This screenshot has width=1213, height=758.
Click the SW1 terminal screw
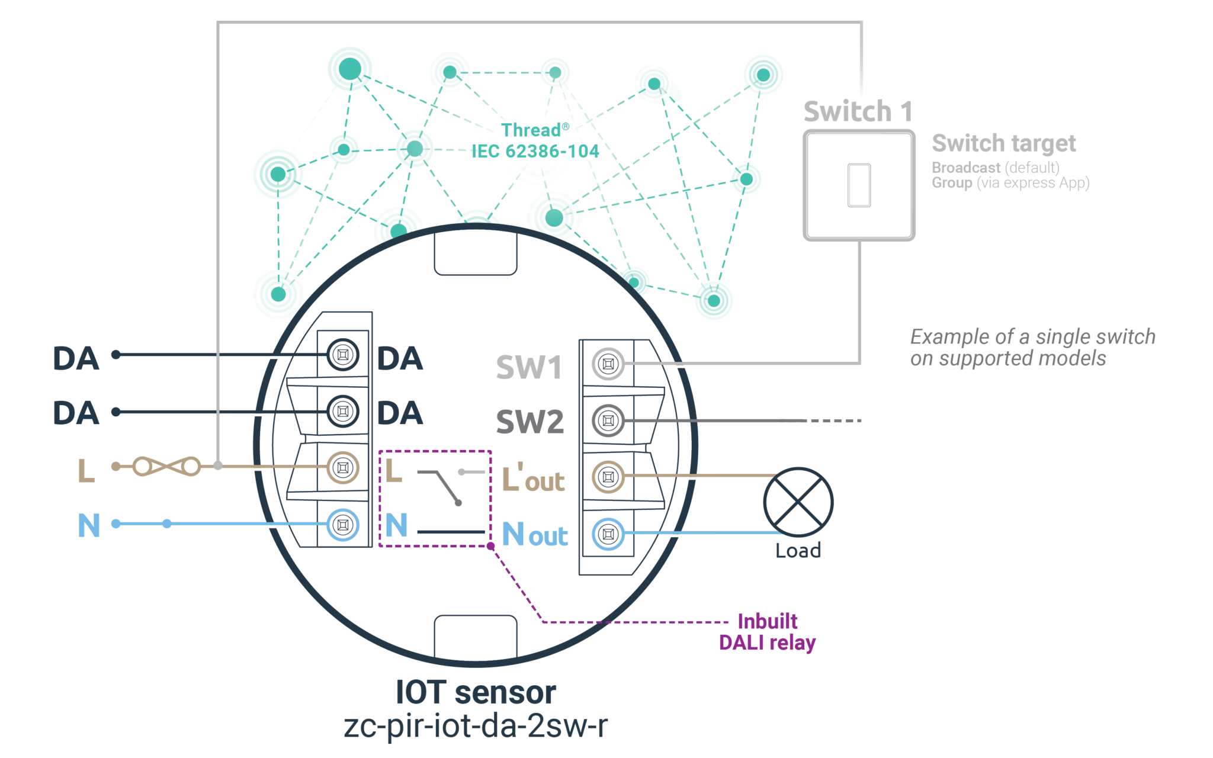click(608, 364)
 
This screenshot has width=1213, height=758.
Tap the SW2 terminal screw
click(608, 420)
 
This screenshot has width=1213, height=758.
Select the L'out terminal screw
click(608, 477)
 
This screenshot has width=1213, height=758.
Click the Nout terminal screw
click(608, 534)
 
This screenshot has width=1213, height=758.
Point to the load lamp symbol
click(798, 502)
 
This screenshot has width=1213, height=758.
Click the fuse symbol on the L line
click(166, 467)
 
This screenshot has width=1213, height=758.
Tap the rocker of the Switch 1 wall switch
click(859, 185)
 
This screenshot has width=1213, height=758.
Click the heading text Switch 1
click(857, 111)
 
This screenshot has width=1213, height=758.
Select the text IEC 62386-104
click(535, 152)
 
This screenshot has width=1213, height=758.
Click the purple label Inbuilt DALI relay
click(768, 632)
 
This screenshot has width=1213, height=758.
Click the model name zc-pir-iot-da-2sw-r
click(476, 726)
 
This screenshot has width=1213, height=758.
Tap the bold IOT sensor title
click(476, 693)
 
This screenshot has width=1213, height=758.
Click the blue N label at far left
click(89, 525)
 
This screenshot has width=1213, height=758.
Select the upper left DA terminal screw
click(342, 355)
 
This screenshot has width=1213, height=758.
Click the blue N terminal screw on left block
click(342, 525)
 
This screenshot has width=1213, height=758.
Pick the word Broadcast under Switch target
click(965, 168)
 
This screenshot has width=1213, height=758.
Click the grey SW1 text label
click(529, 368)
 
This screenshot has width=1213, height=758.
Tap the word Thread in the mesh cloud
click(531, 130)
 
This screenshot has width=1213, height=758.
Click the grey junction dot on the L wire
click(218, 467)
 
